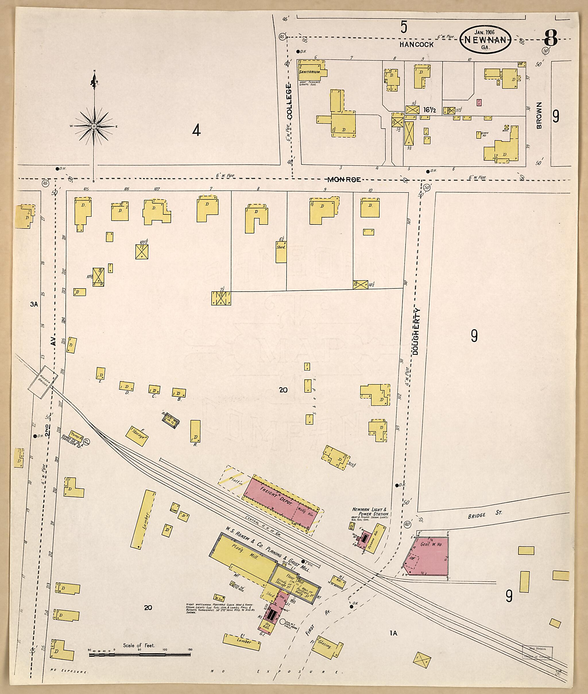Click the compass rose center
pyautogui.click(x=94, y=126)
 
